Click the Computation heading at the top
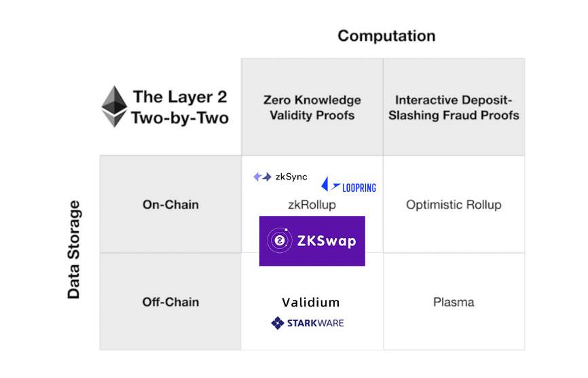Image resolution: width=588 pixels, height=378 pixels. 386,35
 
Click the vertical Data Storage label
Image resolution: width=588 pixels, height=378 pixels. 74,250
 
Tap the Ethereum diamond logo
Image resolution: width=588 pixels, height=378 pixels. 113,107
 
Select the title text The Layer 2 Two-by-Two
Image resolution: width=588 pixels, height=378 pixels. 180,107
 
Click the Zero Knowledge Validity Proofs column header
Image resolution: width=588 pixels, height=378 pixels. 312,107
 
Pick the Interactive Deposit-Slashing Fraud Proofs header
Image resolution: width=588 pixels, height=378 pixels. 454,107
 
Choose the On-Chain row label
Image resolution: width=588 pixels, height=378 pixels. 170,204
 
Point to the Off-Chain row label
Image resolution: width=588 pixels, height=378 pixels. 170,302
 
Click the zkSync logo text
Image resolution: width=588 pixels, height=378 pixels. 291,177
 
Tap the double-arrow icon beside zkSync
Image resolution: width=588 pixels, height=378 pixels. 262,177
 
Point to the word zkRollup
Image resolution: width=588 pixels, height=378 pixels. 312,205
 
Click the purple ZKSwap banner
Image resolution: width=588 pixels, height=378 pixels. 312,241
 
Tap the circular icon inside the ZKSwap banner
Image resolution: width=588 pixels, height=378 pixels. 278,241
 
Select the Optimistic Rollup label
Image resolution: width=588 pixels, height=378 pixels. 454,205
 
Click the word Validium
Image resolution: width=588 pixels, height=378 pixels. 311,302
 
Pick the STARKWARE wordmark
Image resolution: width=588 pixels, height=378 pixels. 315,323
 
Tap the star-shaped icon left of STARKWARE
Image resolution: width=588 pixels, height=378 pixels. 277,323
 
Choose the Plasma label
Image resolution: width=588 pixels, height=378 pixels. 454,302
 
